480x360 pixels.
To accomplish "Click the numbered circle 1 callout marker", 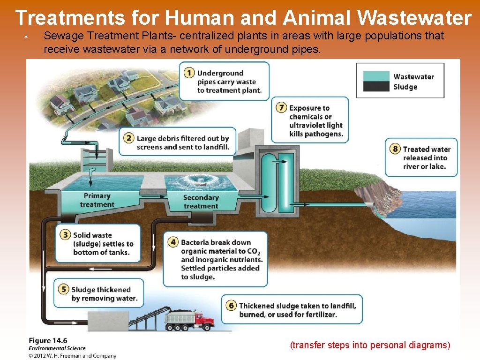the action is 189,73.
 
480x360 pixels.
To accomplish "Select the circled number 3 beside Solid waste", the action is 66,235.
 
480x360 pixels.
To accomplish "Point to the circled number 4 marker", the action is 173,242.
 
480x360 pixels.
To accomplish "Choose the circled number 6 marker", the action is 231,306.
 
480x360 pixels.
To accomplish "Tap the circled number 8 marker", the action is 396,149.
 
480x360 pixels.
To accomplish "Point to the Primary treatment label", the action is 97,200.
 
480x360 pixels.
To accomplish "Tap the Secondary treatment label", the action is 201,202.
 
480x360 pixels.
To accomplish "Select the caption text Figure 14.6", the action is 48,341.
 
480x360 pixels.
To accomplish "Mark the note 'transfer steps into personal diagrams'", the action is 370,345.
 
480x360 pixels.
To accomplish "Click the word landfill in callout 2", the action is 216,147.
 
